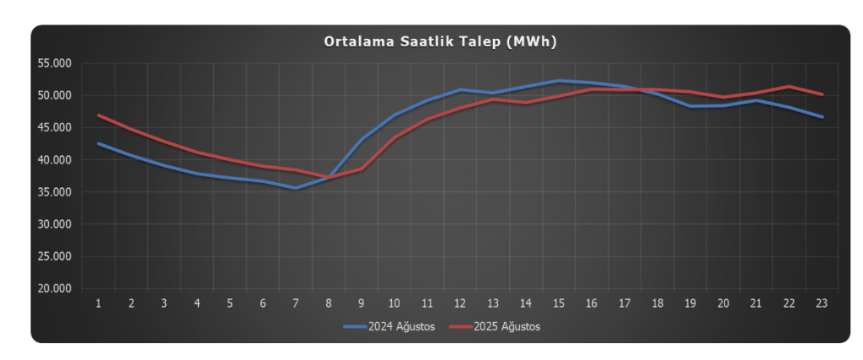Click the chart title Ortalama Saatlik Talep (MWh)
point(441,41)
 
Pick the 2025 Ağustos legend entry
point(494,326)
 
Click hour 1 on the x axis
point(99,304)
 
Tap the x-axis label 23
point(823,304)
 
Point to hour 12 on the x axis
point(460,304)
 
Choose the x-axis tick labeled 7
point(296,304)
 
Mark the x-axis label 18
point(657,304)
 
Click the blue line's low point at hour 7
point(296,188)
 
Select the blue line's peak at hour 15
point(559,81)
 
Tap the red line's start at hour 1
point(99,115)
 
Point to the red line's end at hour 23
point(823,94)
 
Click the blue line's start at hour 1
point(99,143)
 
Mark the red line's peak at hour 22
point(790,87)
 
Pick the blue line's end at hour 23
point(823,117)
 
